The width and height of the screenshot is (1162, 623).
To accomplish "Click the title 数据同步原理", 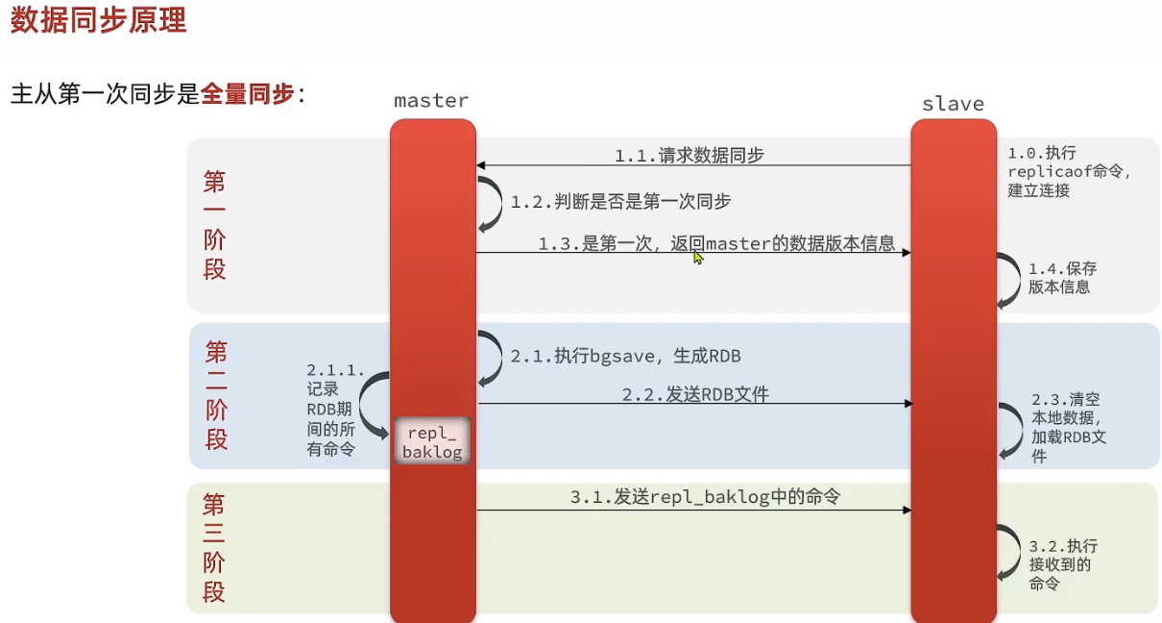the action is coord(98,21).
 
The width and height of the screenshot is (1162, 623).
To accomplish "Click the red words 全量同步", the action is coord(248,94).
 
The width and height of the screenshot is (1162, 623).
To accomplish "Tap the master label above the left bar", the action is coord(431,101).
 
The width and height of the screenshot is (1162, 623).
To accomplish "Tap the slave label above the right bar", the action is coord(953,104).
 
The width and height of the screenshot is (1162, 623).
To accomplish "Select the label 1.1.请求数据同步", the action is coord(690,155).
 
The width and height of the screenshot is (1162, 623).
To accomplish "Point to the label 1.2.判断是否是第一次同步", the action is coord(620,202).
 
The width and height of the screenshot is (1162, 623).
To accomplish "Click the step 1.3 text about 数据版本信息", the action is coord(716,244).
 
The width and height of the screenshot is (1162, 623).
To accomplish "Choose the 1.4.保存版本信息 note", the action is coord(1062,278).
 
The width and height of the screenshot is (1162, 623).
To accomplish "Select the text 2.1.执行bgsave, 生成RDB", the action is coord(625,356).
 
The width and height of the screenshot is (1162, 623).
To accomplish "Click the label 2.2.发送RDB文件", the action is coord(695,394).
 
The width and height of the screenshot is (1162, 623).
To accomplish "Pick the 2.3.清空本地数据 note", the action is coord(1069,428).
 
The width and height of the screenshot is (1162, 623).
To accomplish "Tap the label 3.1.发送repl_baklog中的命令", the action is coord(705,497).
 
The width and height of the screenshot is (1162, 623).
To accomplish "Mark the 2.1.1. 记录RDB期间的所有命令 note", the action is coord(332,410).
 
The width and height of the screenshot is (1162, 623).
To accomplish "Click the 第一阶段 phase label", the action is coord(214,225).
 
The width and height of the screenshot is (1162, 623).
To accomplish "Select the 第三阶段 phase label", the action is coord(213,548).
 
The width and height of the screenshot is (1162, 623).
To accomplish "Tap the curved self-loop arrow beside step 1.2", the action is coord(491,202).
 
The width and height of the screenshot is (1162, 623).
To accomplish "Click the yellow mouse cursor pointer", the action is coord(698,258).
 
